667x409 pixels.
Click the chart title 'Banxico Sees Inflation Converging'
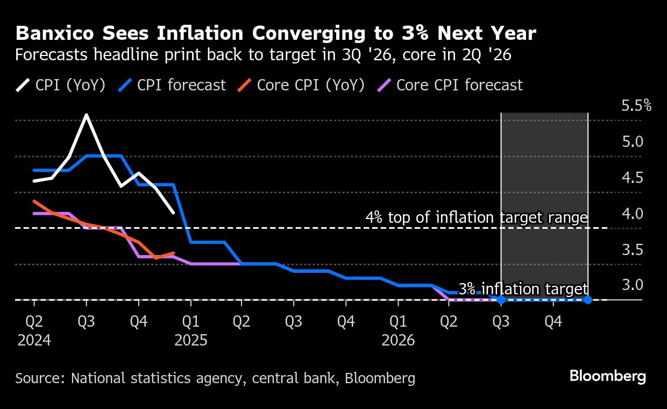click(275, 34)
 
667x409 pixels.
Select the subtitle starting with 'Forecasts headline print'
click(263, 55)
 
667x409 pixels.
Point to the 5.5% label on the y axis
click(636, 105)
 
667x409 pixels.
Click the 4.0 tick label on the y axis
click(633, 214)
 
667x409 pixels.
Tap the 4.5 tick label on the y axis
click(633, 178)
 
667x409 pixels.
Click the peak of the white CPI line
click(86, 115)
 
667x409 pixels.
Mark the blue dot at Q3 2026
click(501, 300)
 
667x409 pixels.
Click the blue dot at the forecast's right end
click(587, 300)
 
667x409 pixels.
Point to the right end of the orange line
click(173, 252)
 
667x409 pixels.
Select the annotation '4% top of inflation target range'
click(476, 218)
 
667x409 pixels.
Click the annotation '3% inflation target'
click(523, 289)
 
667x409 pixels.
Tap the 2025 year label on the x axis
click(191, 341)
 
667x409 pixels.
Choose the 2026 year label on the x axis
click(398, 341)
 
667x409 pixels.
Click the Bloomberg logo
click(608, 376)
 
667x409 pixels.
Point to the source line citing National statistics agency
click(215, 378)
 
